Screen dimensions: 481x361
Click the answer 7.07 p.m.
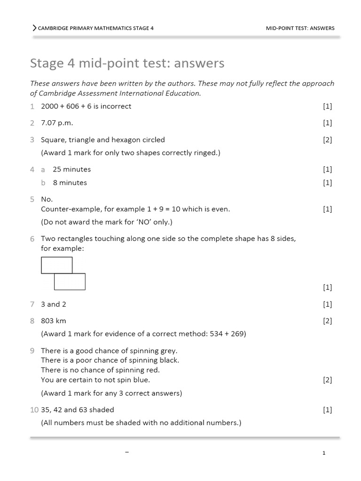coord(57,123)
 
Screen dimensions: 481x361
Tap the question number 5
coord(32,199)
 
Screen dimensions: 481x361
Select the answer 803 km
coord(54,321)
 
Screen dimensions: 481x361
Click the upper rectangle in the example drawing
coord(57,265)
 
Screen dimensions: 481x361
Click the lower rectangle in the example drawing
coord(70,281)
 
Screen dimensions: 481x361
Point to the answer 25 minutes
coord(71,169)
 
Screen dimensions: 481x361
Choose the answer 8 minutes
coord(70,183)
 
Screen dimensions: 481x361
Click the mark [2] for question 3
coord(327,140)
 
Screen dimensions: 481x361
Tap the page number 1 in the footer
coord(324,453)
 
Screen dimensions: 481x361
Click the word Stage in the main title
coord(45,63)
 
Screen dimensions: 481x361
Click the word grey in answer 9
coord(167,351)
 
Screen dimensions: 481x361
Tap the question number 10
coord(34,410)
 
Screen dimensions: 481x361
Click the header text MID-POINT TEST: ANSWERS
coord(300,28)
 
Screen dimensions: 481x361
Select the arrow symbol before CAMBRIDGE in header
coord(34,28)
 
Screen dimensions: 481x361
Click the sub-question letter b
coord(43,183)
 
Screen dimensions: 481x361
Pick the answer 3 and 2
coord(54,304)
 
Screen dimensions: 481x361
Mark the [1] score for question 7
coord(327,304)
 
